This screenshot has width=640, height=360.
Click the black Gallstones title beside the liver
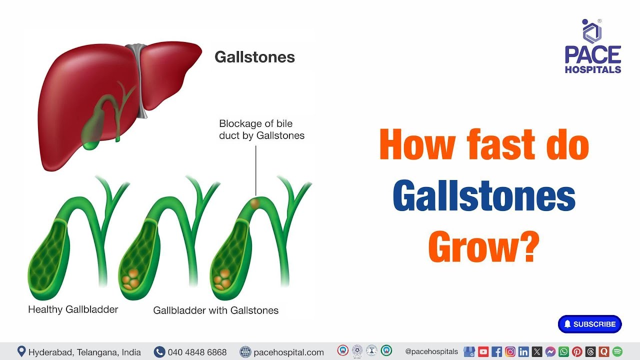coord(254,57)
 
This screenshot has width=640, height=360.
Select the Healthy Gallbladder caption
coord(73,309)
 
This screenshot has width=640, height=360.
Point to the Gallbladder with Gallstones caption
coord(215,310)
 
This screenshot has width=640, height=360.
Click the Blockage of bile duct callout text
coord(261,129)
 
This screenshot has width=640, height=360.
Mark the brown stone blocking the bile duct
coord(255,203)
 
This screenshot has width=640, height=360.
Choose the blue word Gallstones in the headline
coord(483,196)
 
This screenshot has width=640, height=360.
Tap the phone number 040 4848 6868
coord(197,352)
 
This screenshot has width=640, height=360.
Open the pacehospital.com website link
coord(288,352)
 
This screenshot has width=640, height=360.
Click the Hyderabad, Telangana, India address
coord(84,352)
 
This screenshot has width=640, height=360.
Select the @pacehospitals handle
coord(431,351)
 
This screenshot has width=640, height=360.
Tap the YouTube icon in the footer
coord(483,351)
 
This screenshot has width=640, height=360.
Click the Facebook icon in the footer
coord(496,351)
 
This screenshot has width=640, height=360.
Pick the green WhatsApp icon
coord(563,351)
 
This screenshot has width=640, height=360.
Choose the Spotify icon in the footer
coord(617,351)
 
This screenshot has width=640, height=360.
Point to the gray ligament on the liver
coord(136,80)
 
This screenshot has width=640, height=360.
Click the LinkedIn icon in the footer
coord(523,351)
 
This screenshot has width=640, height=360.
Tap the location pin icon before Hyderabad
coord(21,351)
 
